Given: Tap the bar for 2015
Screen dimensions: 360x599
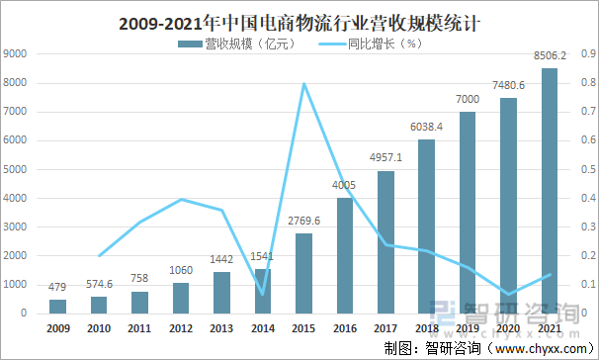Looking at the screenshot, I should pyautogui.click(x=304, y=273).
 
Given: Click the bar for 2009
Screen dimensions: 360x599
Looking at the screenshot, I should pyautogui.click(x=58, y=306).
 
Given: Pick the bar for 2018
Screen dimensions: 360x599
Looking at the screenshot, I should pyautogui.click(x=427, y=225).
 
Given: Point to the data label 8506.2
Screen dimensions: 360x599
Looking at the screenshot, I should pyautogui.click(x=550, y=57).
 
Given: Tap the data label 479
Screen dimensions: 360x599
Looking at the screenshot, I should pyautogui.click(x=58, y=288).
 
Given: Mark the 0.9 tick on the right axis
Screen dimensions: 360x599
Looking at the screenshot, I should pyautogui.click(x=582, y=54).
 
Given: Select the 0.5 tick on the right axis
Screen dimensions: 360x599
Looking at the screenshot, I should pyautogui.click(x=582, y=169).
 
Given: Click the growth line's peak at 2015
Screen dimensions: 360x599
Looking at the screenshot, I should pyautogui.click(x=304, y=83).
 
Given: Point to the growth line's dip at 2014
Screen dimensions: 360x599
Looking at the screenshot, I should pyautogui.click(x=263, y=294).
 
